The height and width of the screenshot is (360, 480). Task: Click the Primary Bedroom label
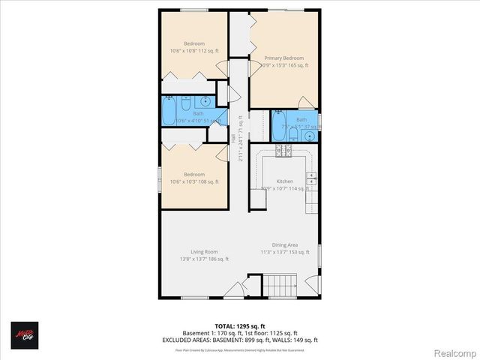pyautogui.click(x=283, y=58)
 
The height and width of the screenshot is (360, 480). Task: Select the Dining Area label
pyautogui.click(x=285, y=245)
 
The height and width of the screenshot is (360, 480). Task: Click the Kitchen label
pyautogui.click(x=284, y=181)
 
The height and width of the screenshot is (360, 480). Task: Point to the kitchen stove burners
pyautogui.click(x=283, y=151)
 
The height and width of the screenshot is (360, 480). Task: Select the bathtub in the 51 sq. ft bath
pyautogui.click(x=170, y=113)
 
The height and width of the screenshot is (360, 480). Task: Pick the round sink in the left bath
pyautogui.click(x=205, y=102)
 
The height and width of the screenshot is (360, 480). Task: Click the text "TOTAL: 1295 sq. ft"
pyautogui.click(x=241, y=326)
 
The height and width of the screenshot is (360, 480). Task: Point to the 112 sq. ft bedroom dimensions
pyautogui.click(x=193, y=51)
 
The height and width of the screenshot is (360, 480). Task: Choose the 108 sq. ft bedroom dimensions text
pyautogui.click(x=193, y=181)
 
